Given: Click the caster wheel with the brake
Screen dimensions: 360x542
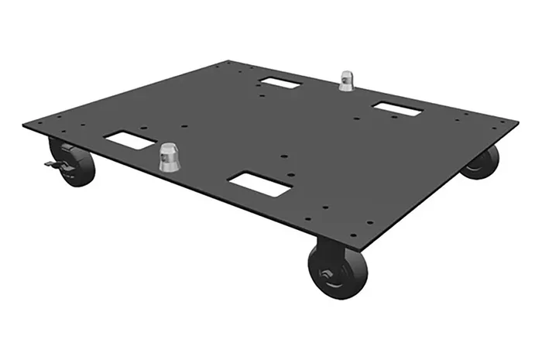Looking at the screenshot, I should [x=73, y=163].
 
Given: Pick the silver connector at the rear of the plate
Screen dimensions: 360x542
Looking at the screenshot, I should [x=345, y=80].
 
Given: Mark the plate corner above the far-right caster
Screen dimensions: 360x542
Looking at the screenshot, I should [x=516, y=123].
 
